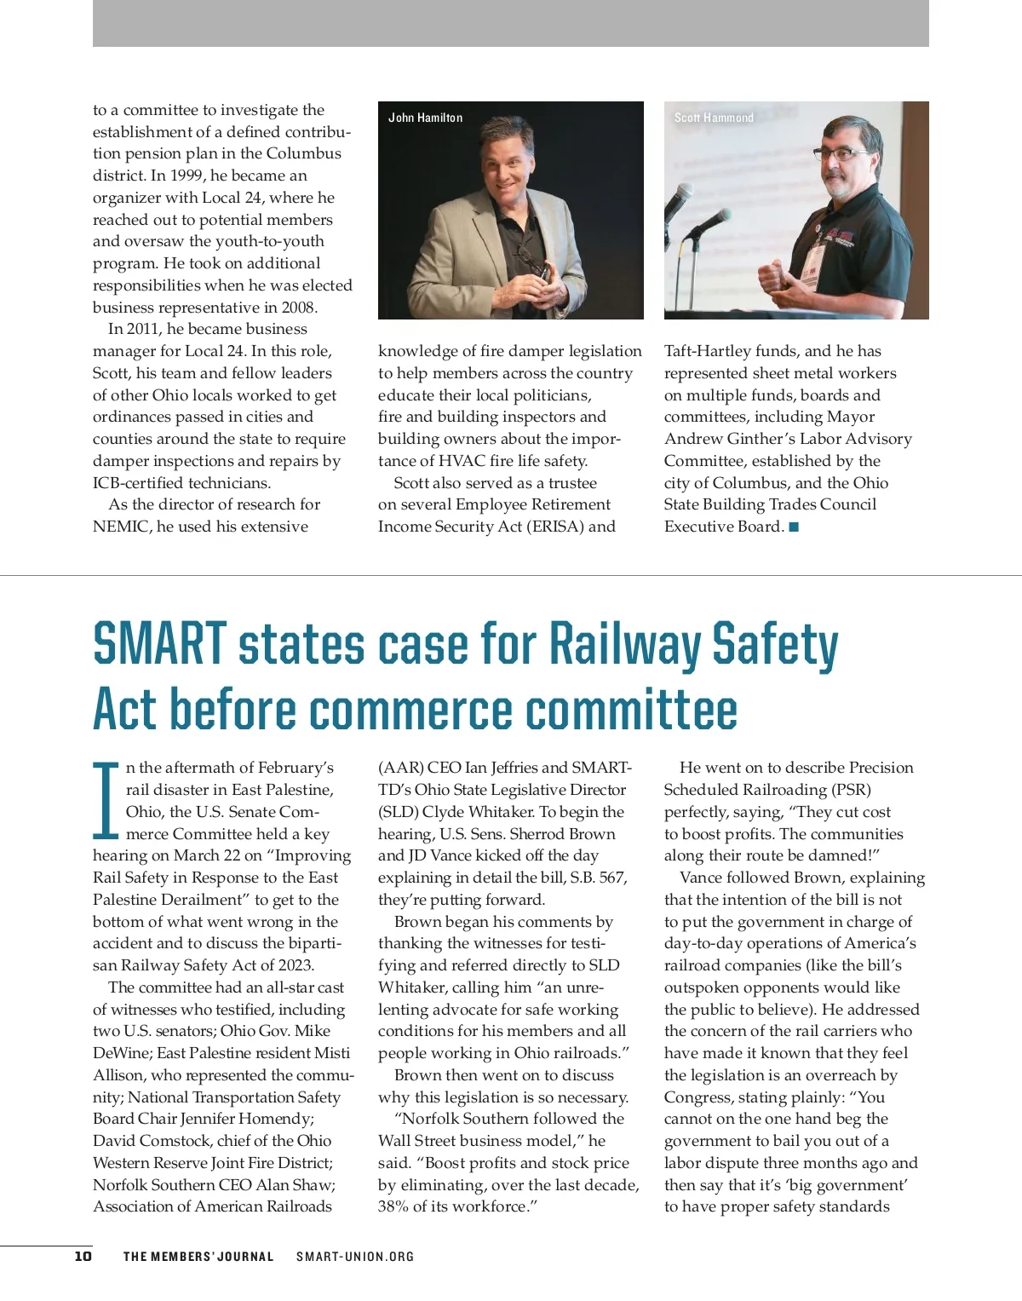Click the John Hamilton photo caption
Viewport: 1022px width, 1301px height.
[425, 118]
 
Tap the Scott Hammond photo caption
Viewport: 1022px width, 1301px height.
[714, 118]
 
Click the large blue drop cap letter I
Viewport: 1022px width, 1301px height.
[106, 801]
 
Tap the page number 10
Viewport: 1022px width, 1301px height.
[83, 1256]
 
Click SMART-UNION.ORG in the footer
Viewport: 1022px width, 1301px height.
[355, 1257]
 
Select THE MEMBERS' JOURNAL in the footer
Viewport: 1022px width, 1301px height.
[198, 1257]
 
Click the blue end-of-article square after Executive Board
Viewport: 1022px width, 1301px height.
[794, 527]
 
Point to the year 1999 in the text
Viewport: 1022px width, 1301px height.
[187, 176]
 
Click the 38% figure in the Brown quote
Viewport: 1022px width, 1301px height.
[393, 1206]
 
